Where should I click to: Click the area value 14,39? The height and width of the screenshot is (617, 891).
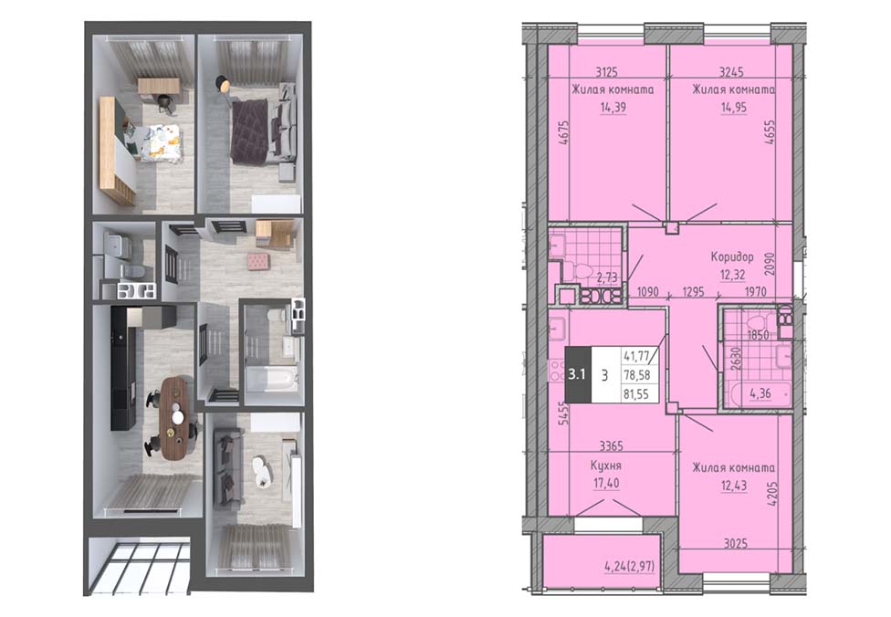[x=613, y=108]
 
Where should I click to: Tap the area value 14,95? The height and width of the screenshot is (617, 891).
[x=734, y=108]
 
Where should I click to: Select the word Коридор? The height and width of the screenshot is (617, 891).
[x=732, y=256]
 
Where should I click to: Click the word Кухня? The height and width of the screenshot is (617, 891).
[x=606, y=465]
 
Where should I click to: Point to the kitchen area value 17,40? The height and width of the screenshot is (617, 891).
[x=606, y=484]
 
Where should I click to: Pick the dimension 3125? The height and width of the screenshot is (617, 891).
[x=607, y=71]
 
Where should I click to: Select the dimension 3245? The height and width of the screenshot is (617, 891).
[x=731, y=71]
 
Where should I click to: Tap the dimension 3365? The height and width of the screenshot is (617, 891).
[x=611, y=446]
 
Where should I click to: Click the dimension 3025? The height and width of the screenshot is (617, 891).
[x=735, y=543]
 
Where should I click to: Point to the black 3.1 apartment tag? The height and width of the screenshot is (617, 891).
[x=577, y=374]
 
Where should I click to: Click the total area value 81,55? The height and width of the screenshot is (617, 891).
[x=636, y=393]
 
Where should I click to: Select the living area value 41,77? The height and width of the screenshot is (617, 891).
[x=636, y=356]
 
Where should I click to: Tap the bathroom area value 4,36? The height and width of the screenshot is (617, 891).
[x=760, y=392]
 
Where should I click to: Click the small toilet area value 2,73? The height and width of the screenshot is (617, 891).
[x=607, y=277]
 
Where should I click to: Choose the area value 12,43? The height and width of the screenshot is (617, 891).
[x=734, y=486]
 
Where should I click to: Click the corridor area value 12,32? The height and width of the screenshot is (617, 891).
[x=732, y=275]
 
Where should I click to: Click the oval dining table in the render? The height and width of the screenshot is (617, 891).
[x=173, y=418]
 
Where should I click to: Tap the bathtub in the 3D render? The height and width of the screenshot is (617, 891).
[x=272, y=379]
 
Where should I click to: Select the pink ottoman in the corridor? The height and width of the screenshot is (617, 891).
[x=258, y=261]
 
